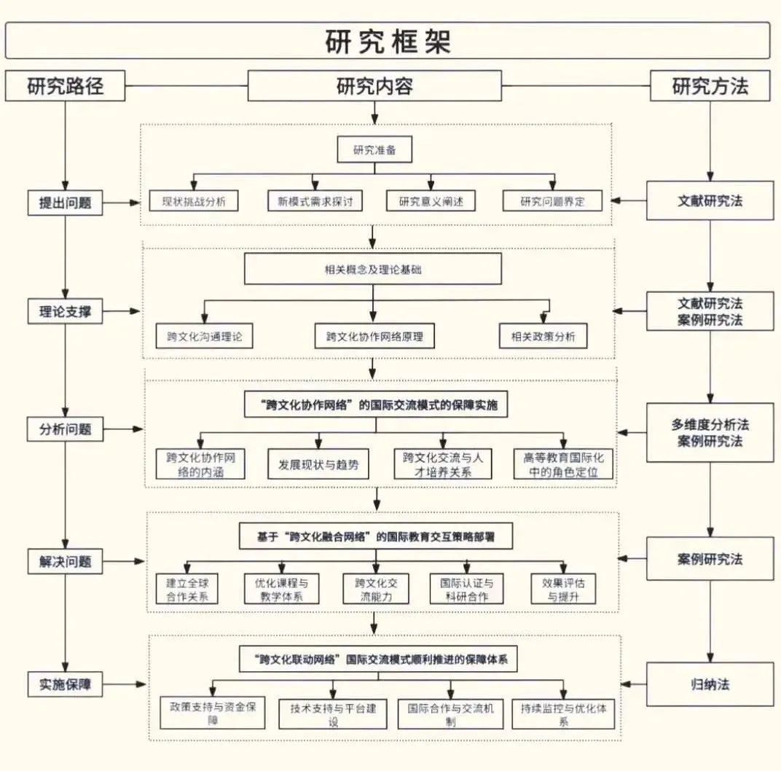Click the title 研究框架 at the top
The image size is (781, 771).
tap(388, 42)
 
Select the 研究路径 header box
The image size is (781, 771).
tap(66, 86)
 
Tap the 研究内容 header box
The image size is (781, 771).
tap(374, 86)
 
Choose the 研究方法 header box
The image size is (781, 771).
tap(710, 86)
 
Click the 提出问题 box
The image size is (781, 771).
tap(66, 203)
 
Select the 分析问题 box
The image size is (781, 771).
tap(66, 428)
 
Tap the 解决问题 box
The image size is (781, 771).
tap(66, 562)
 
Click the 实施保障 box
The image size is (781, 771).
tap(66, 684)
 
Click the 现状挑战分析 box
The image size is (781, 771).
tap(193, 201)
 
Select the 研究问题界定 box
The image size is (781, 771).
tap(552, 201)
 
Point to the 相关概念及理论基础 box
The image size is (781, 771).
tap(373, 269)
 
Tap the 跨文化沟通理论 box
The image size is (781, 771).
tap(205, 336)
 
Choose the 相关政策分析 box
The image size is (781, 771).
tap(543, 336)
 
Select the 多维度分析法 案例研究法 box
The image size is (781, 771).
tap(710, 432)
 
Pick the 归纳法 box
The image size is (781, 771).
tap(710, 684)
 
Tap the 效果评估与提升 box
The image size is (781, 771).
tap(563, 589)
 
